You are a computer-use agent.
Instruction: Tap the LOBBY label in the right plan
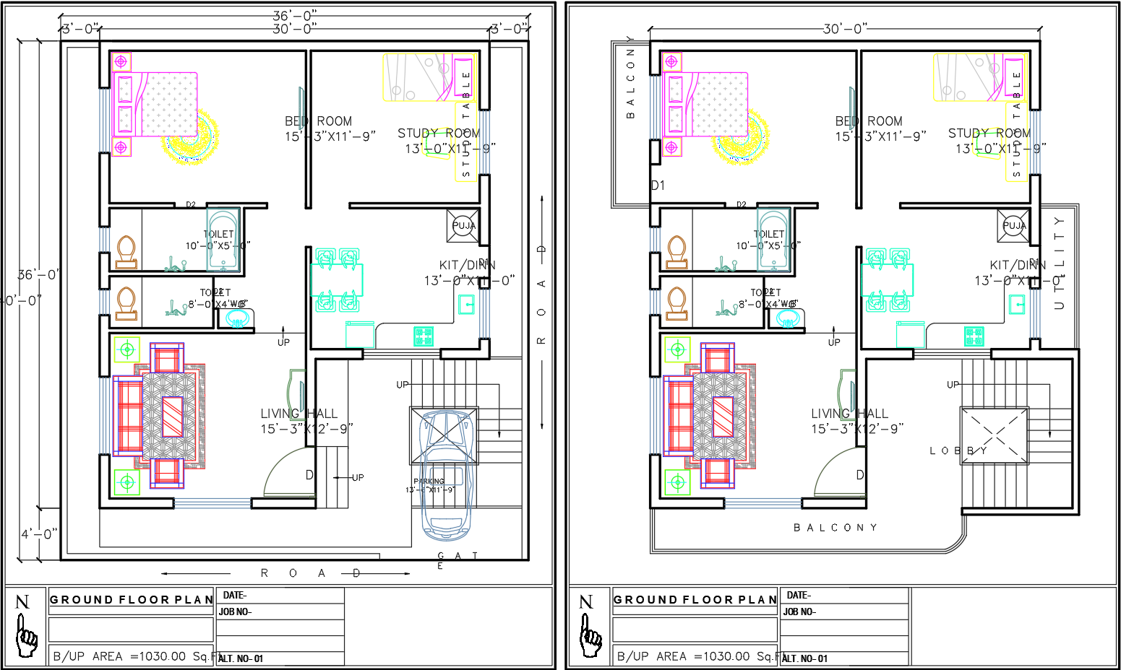tap(958, 451)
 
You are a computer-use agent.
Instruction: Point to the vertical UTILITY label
tap(1059, 263)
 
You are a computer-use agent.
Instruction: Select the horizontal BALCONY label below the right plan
tap(836, 528)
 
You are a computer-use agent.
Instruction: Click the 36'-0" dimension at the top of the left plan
tap(294, 15)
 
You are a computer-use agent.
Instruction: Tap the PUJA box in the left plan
tap(463, 225)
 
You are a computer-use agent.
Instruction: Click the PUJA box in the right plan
tap(1013, 225)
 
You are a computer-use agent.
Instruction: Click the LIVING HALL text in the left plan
tap(299, 414)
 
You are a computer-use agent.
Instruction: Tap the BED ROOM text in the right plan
tap(869, 121)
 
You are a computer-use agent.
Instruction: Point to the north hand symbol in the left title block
tap(26, 628)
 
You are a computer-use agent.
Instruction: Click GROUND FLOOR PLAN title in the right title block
tap(695, 600)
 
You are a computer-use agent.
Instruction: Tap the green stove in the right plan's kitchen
tap(974, 336)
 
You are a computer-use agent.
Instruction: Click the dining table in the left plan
tap(337, 279)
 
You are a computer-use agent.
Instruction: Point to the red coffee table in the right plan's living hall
tap(723, 417)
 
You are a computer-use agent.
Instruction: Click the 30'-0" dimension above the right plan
tap(845, 29)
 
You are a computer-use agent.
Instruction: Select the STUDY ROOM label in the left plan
tap(438, 134)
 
